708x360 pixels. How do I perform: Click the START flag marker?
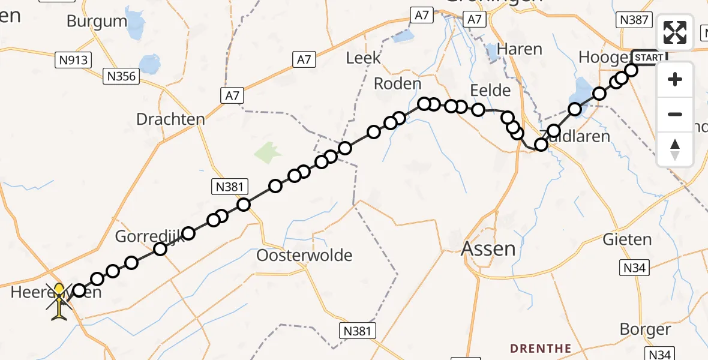649,58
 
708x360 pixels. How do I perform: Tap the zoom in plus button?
675,80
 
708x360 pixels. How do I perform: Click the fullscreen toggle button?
675,32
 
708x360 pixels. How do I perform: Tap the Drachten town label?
170,119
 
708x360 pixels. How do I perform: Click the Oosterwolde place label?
304,255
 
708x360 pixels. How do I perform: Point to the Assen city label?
488,248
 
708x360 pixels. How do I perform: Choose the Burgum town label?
97,22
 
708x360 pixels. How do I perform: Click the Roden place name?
397,83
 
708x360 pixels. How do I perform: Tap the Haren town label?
520,49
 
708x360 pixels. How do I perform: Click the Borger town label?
646,329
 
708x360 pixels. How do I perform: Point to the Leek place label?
364,58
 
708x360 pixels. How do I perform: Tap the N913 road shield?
73,60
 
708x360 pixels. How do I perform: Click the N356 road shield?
122,76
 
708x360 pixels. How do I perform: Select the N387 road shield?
634,20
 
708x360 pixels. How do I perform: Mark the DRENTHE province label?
541,348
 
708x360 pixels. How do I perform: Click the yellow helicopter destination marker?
59,301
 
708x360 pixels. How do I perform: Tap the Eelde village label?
490,91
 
